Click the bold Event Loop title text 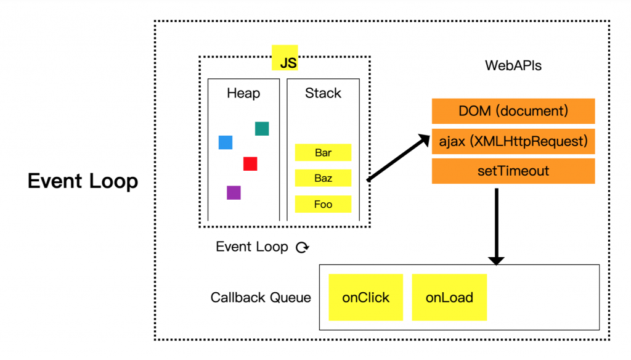pos(83,181)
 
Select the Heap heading pos(243,94)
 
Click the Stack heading pos(323,94)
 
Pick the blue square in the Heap pos(226,142)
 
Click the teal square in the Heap pos(262,128)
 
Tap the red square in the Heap pos(250,163)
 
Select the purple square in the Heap pos(234,192)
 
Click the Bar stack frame pos(323,152)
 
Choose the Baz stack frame pos(323,178)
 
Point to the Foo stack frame pos(323,204)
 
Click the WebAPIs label pos(513,65)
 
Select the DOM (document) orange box pos(513,112)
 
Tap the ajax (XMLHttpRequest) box pos(513,141)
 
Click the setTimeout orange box pos(513,171)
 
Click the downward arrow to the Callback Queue pos(496,225)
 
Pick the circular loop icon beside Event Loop pos(302,248)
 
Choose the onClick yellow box pos(365,298)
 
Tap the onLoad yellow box pos(449,298)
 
